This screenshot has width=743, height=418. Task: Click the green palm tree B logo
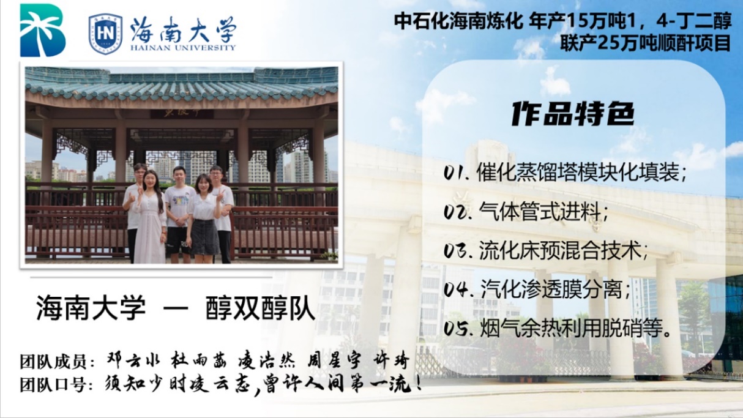point(42,30)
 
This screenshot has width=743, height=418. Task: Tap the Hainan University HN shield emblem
point(105,34)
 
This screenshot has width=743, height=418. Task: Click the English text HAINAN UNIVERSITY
point(182,48)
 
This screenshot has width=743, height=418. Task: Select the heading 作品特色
point(572,114)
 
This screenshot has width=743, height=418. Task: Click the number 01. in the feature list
point(457,173)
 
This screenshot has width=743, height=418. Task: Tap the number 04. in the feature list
point(458,289)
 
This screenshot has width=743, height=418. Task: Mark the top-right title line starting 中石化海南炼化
point(562,21)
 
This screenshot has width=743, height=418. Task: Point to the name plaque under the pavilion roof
point(182,113)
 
